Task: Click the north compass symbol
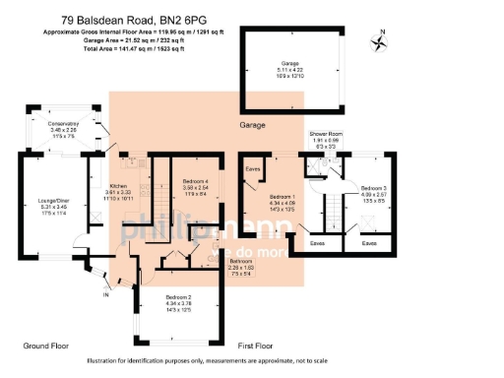pyautogui.click(x=378, y=41)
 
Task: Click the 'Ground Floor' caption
pyautogui.click(x=47, y=346)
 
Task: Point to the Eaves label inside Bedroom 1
pyautogui.click(x=253, y=168)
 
